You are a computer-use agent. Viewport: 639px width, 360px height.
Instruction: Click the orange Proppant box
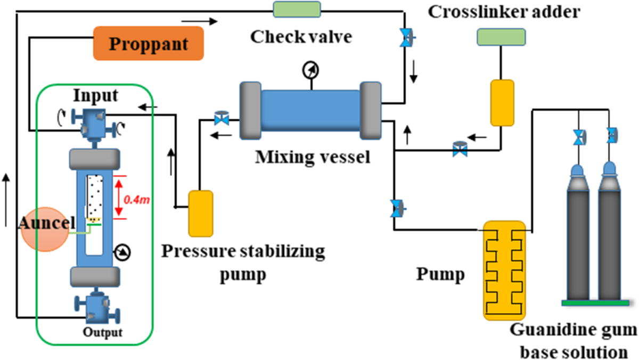(x=149, y=43)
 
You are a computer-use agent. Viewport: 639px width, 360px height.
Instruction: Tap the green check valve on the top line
(x=297, y=10)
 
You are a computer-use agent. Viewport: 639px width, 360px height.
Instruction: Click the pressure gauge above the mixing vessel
(x=309, y=70)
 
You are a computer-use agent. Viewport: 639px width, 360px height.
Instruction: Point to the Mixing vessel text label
(x=312, y=157)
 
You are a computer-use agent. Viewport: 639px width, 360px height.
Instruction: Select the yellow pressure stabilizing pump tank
(x=201, y=213)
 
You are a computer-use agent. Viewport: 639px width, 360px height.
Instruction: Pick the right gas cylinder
(x=610, y=234)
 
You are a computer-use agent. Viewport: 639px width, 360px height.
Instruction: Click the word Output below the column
(x=102, y=333)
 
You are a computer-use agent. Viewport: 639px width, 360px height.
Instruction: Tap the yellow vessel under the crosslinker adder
(x=502, y=103)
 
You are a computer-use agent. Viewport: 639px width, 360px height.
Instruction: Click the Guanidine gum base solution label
(x=572, y=341)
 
